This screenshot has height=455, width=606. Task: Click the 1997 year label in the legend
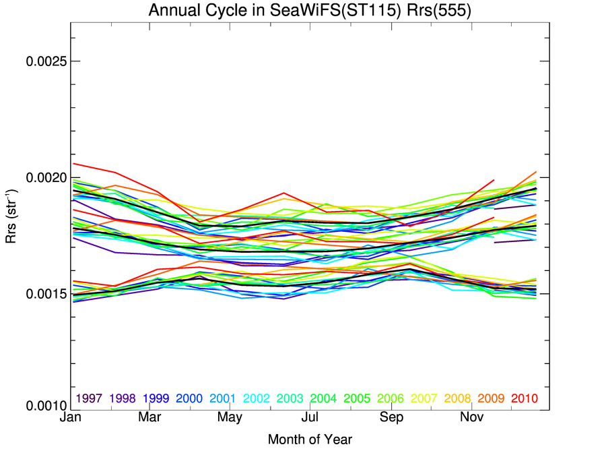[x=89, y=398]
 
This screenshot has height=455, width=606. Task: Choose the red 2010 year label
[x=524, y=398]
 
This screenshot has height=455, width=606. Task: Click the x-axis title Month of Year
[x=310, y=440]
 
